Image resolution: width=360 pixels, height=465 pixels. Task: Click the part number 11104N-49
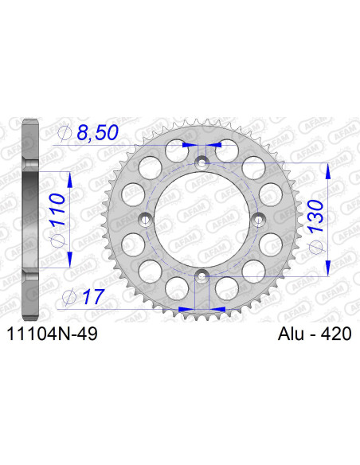coord(52,335)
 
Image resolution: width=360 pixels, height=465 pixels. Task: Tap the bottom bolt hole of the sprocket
coord(201,275)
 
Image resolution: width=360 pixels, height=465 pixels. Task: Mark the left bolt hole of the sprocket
coord(144,219)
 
